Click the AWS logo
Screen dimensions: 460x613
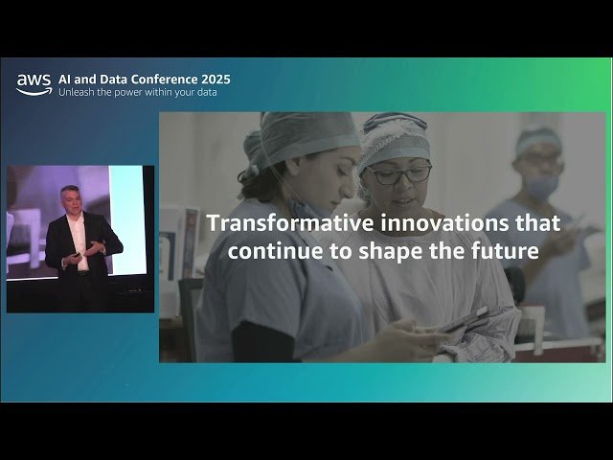(x=34, y=85)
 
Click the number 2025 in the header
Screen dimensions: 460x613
(x=213, y=79)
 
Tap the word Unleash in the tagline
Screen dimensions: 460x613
(x=78, y=93)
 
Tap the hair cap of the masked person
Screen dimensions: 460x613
(x=539, y=142)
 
